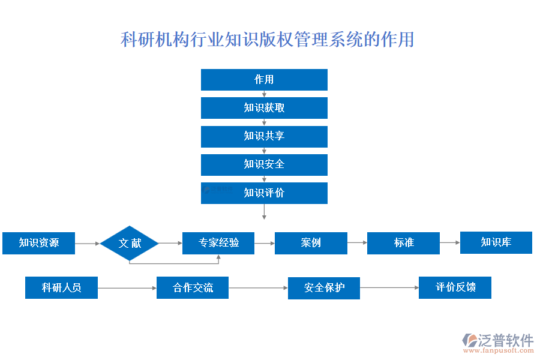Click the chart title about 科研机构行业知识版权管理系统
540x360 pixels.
(x=268, y=40)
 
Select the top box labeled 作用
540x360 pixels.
(x=264, y=80)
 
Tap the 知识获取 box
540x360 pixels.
(x=264, y=108)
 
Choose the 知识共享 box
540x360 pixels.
(x=264, y=136)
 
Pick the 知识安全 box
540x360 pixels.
(x=264, y=164)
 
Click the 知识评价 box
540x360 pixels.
(x=264, y=193)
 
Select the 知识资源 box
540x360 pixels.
(x=38, y=243)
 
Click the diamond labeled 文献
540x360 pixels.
(x=129, y=243)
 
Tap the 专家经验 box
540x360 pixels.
(x=218, y=243)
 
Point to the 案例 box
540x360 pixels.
(x=311, y=243)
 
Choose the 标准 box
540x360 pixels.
(x=403, y=243)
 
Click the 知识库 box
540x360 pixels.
(x=496, y=242)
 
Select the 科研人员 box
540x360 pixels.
(x=61, y=288)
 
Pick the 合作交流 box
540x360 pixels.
(x=193, y=288)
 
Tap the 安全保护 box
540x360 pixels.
(x=324, y=288)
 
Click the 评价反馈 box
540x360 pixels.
(x=455, y=287)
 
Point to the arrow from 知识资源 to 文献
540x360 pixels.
(x=88, y=244)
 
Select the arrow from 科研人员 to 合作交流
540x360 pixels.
(x=127, y=289)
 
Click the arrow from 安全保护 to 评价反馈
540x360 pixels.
(x=389, y=288)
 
